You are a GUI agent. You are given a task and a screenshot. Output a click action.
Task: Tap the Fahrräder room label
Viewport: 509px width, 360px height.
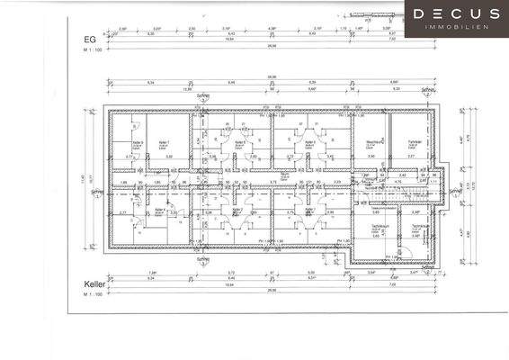click(x=413, y=142)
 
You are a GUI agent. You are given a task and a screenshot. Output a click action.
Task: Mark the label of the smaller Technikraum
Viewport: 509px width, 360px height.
click(x=419, y=227)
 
